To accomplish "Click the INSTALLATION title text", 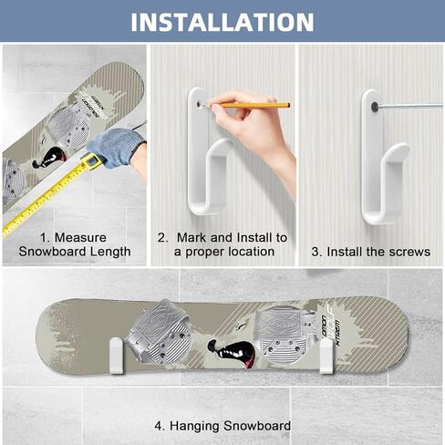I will click(222, 21).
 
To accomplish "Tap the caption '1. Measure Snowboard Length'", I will click(78, 244).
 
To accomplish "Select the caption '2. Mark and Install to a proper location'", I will click(222, 244).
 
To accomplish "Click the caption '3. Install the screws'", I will click(370, 251).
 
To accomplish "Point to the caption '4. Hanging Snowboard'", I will click(222, 425).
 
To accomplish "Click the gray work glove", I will click(116, 146).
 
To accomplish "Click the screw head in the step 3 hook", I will click(374, 107).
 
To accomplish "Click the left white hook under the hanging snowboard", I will click(116, 357).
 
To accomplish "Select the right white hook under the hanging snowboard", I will click(326, 357).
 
